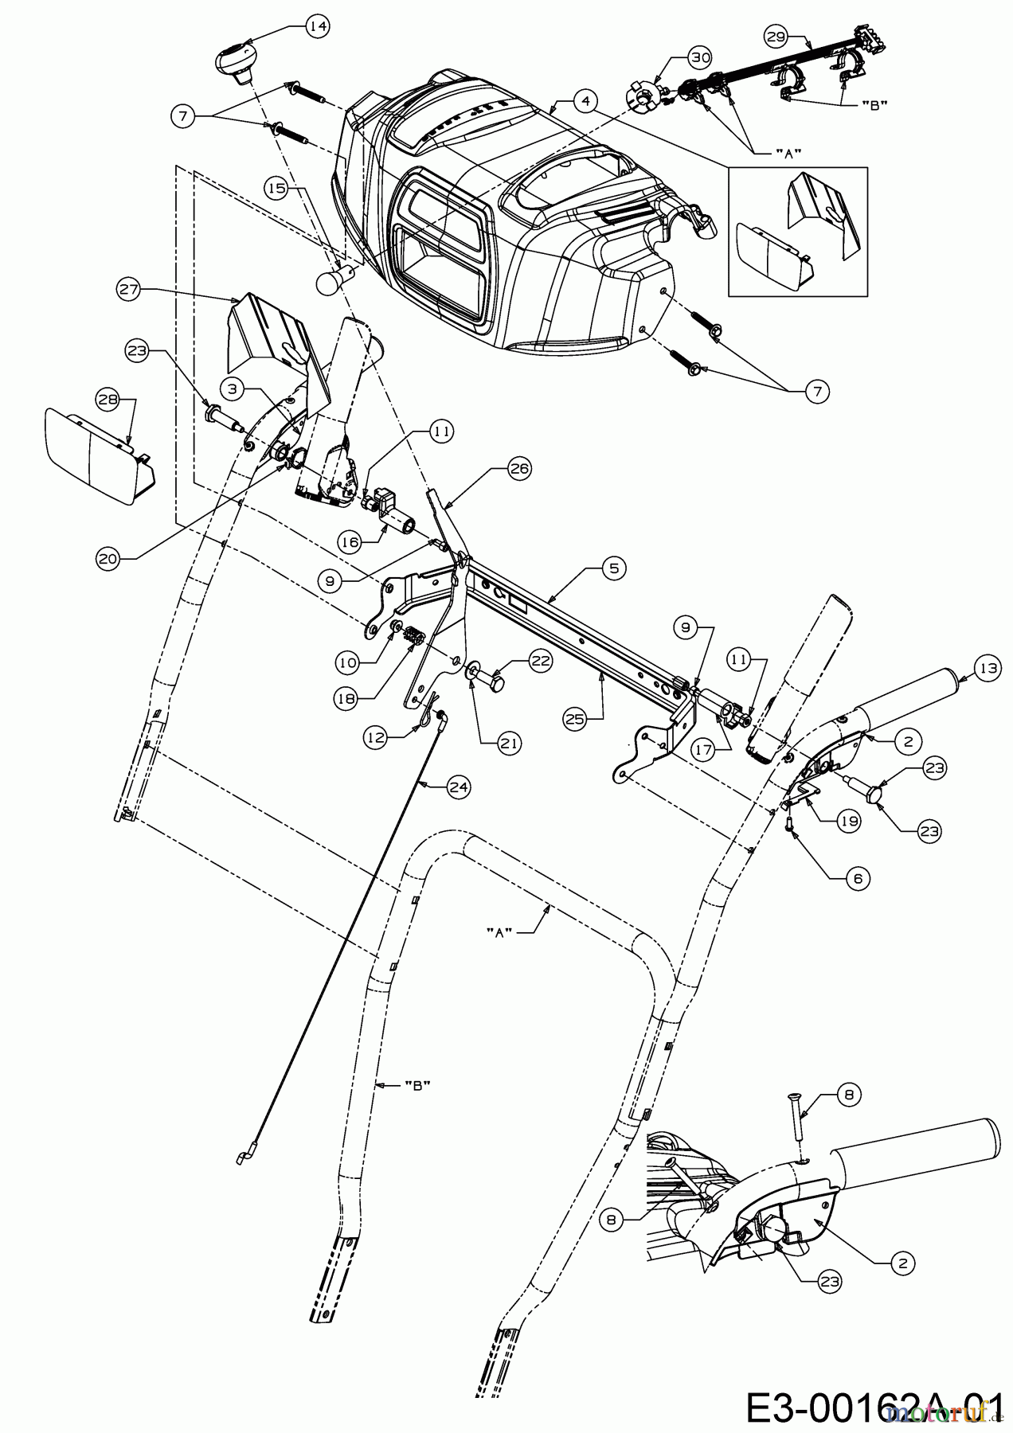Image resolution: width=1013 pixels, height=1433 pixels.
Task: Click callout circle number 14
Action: click(x=317, y=26)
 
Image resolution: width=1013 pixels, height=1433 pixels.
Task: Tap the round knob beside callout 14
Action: click(x=236, y=62)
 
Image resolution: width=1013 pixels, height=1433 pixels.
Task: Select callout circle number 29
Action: click(x=776, y=36)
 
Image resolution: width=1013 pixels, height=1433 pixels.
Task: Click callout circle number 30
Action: click(x=699, y=57)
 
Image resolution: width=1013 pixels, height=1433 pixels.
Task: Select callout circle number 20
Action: click(x=108, y=559)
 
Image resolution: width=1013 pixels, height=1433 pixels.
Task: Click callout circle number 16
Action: click(x=350, y=541)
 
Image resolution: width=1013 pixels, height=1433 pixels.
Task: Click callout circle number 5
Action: click(x=613, y=568)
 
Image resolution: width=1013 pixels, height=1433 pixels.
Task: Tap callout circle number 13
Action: click(x=987, y=670)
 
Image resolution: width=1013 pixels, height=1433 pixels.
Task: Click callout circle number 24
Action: click(x=458, y=787)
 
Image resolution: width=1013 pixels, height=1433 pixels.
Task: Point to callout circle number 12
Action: click(x=377, y=738)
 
